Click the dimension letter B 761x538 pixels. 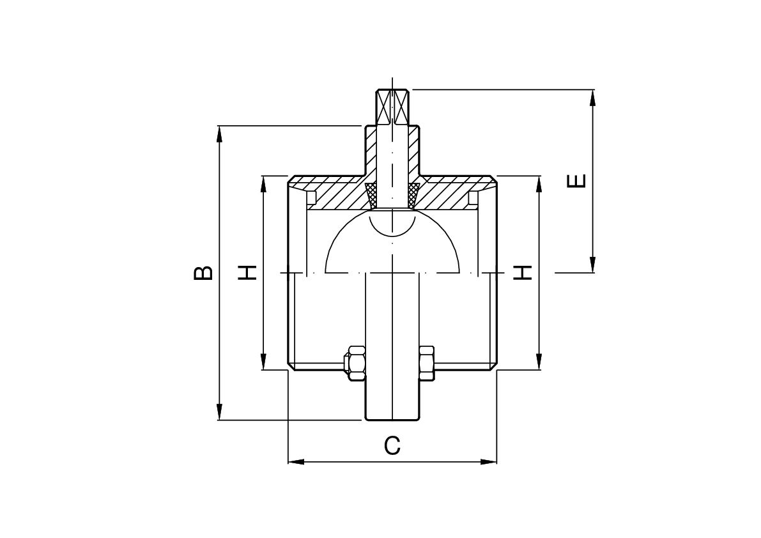click(x=203, y=273)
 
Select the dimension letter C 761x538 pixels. click(x=392, y=445)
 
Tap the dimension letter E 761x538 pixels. click(x=576, y=181)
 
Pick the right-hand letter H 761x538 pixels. click(x=523, y=273)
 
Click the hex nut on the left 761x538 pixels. click(x=354, y=362)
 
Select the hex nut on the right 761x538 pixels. click(x=427, y=362)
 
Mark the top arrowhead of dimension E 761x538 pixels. click(x=592, y=98)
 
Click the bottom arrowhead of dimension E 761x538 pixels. click(x=592, y=265)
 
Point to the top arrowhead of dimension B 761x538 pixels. click(x=219, y=134)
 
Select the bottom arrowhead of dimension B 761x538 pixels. click(x=219, y=412)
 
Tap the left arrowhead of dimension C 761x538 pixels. click(x=296, y=461)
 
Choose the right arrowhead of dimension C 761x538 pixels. click(x=488, y=461)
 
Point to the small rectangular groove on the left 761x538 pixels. click(x=312, y=197)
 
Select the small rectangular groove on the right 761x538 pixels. click(x=473, y=197)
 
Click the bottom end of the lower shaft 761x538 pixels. click(x=392, y=420)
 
